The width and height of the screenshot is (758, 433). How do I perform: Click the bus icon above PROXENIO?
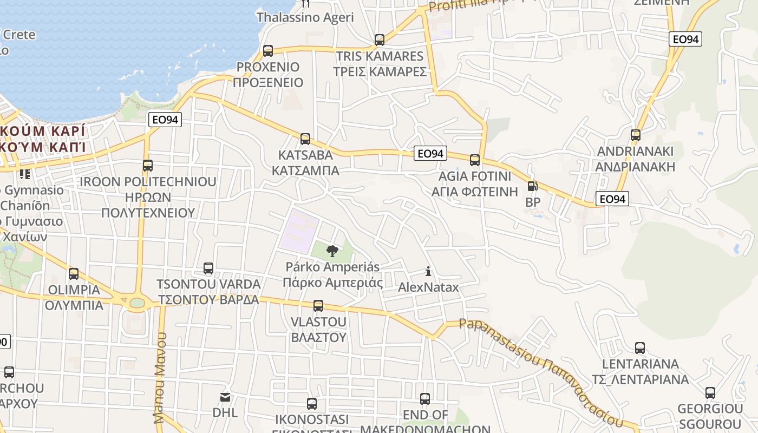(x=268, y=51)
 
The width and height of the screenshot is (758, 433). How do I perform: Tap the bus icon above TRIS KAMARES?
(x=380, y=40)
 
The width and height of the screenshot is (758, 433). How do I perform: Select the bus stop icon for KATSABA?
(x=305, y=139)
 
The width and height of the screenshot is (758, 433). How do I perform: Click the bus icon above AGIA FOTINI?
(x=475, y=160)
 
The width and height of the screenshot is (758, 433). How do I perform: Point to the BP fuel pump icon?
(x=533, y=187)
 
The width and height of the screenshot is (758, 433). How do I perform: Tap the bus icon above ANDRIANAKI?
(x=636, y=135)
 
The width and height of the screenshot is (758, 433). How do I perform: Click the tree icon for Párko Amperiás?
(x=332, y=251)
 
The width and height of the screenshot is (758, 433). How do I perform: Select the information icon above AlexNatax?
(x=428, y=271)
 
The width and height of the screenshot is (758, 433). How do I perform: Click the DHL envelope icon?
(x=225, y=398)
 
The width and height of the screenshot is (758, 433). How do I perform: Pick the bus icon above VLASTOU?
(x=318, y=306)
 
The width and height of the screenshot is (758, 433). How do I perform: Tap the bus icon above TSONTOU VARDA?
(x=208, y=268)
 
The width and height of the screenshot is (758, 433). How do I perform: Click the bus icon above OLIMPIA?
(x=74, y=274)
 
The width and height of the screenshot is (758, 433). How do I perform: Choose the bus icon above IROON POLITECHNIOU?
(x=148, y=166)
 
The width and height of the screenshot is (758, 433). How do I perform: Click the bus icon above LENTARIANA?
(x=640, y=348)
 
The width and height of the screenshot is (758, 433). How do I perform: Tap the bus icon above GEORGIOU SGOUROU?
(x=710, y=393)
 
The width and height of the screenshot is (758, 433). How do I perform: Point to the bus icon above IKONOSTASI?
(x=312, y=404)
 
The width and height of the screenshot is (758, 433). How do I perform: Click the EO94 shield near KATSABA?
(x=430, y=154)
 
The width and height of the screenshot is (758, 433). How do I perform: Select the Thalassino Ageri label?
(x=305, y=17)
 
